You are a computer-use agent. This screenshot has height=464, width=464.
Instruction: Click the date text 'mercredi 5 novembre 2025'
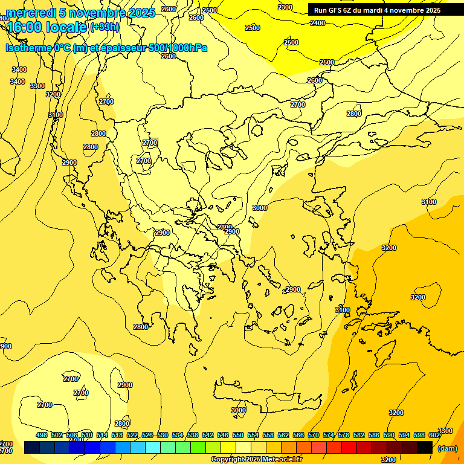pos(80,13)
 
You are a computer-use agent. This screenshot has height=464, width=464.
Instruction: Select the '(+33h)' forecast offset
pos(105,27)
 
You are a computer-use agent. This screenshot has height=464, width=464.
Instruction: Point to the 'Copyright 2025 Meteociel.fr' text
pos(256,460)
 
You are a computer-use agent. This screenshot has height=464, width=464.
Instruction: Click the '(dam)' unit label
pos(447,448)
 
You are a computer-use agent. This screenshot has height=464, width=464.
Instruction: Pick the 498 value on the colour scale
pos(42,435)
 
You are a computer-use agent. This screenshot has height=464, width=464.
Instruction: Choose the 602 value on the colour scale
pos(434,435)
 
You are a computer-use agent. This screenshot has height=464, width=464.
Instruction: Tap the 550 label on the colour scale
pos(238,435)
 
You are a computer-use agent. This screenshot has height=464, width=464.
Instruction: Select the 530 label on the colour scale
pos(163,435)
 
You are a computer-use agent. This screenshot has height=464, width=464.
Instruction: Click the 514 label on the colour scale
pos(102,435)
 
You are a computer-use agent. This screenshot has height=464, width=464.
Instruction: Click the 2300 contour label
pos(285,7)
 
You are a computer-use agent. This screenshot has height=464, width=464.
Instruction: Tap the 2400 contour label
pos(317,23)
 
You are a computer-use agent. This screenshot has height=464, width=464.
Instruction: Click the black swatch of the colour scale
pos(425,447)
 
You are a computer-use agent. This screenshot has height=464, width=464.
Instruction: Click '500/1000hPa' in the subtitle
pos(178,48)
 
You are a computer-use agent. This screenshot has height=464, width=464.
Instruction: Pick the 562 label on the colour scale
pos(283,435)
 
